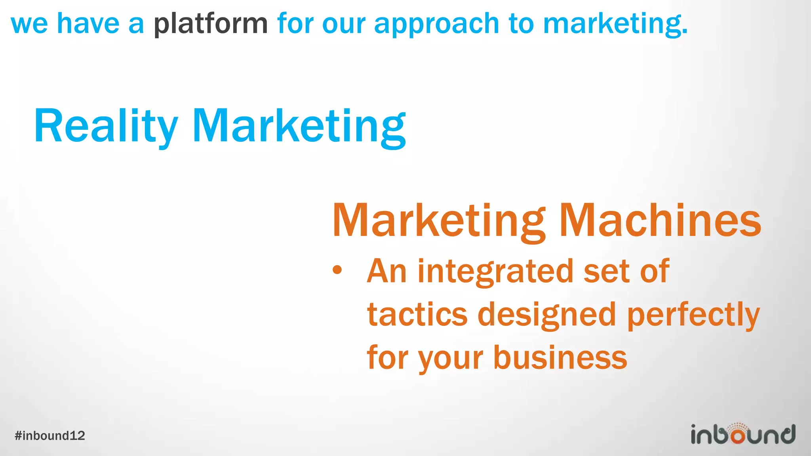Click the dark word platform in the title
click(x=211, y=24)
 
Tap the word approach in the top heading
click(x=436, y=24)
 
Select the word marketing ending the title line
click(x=615, y=24)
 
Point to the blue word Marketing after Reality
click(x=299, y=126)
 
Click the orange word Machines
click(x=660, y=220)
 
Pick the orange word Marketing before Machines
click(x=439, y=220)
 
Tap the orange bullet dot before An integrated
click(x=337, y=270)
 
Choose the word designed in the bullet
click(x=547, y=315)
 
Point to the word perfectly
click(x=693, y=315)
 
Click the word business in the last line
click(x=560, y=357)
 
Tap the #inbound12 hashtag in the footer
click(x=50, y=436)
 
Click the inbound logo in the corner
click(x=743, y=434)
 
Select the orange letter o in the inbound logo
click(x=738, y=436)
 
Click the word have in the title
click(x=88, y=24)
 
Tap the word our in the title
click(x=343, y=24)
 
